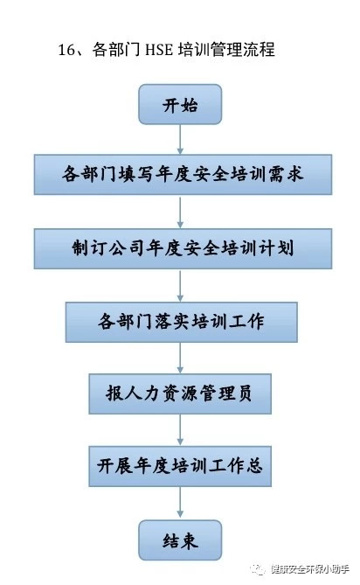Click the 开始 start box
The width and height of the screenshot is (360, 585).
point(180,104)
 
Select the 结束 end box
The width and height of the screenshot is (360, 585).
point(180,540)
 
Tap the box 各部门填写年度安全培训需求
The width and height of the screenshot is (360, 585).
point(183,175)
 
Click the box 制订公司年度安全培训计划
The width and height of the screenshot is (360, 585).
point(183,248)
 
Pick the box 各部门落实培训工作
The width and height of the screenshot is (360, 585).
point(182,322)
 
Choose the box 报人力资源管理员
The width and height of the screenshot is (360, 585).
point(180,393)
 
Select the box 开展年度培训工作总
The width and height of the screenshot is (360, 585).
point(180,466)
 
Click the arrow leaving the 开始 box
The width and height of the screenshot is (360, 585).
point(180,139)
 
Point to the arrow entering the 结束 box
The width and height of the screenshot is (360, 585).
point(180,503)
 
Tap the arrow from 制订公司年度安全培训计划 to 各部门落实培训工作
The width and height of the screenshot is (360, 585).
point(180,285)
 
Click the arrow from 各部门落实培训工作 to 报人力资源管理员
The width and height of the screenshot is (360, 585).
point(180,358)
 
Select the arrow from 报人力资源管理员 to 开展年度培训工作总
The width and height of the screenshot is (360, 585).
point(180,430)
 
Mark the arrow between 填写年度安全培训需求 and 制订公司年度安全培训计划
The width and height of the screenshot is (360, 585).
point(180,212)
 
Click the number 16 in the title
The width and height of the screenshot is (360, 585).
point(66,50)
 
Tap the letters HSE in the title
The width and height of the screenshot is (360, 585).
point(159,50)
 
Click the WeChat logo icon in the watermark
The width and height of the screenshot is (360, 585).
point(258,569)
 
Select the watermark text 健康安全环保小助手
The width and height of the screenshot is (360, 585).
point(310,569)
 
